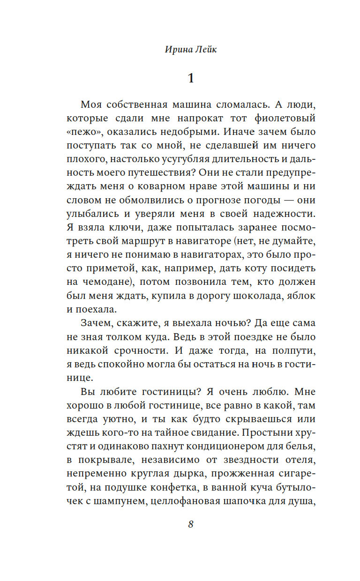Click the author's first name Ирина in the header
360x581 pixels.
click(x=178, y=50)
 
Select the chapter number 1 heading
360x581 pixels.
click(x=191, y=78)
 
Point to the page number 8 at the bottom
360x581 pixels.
click(x=191, y=524)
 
